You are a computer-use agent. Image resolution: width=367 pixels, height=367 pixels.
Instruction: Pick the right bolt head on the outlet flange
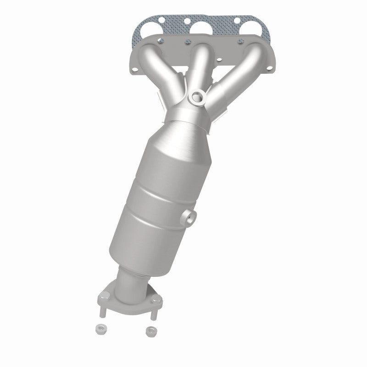tap(159, 301)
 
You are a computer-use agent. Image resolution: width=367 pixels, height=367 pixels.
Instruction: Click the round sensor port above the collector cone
tap(198, 96)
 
